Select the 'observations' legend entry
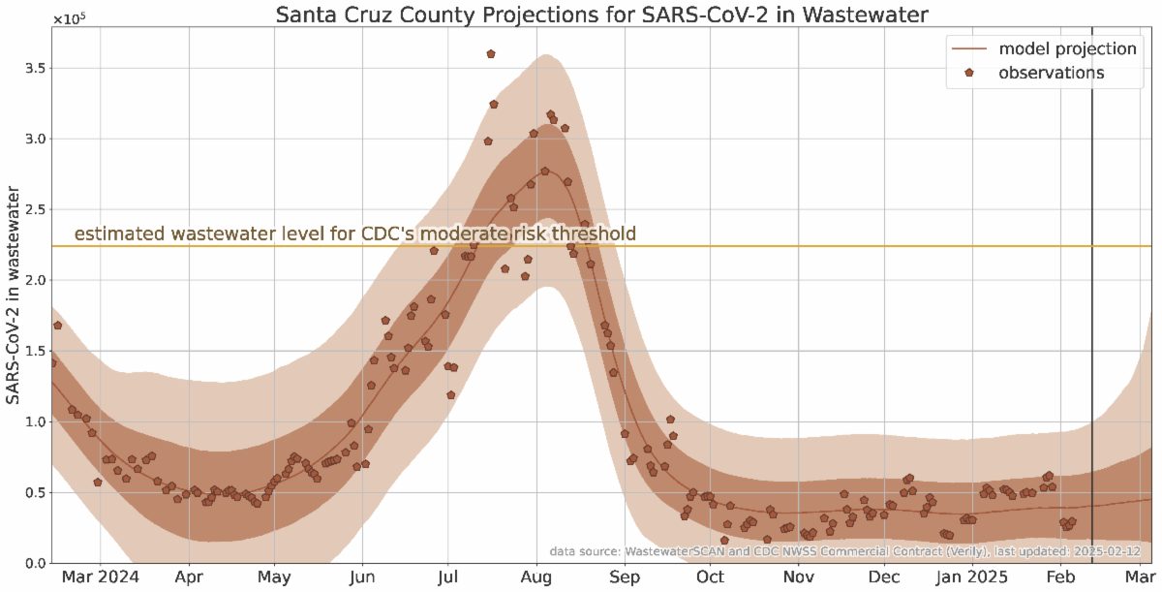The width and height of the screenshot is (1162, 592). [1052, 73]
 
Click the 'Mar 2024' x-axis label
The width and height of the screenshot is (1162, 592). [102, 577]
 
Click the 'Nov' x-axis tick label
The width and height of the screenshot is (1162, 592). [798, 577]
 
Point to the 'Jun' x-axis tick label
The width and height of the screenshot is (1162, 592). [362, 577]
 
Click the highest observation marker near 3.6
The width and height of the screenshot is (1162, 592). [491, 54]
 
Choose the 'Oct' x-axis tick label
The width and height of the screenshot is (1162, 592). [710, 577]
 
